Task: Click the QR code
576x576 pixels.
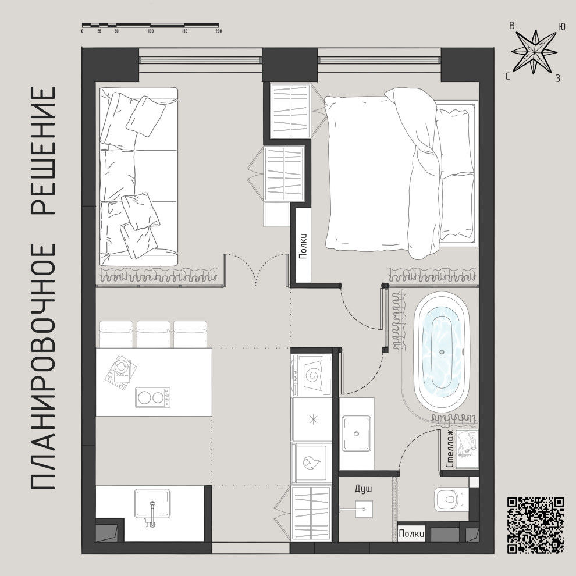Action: [x=536, y=525]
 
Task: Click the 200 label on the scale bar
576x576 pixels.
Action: [x=219, y=31]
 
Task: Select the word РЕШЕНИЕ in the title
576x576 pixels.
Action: [x=44, y=151]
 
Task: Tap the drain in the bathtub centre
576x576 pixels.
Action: [x=442, y=352]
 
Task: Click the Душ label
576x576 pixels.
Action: [x=363, y=489]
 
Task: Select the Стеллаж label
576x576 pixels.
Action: [x=450, y=449]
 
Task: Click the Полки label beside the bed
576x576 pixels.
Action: [x=303, y=247]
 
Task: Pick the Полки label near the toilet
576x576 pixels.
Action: [x=411, y=534]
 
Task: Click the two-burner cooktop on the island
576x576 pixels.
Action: [x=153, y=397]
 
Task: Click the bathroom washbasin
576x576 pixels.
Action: [x=356, y=433]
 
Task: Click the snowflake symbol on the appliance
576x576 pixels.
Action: [x=313, y=419]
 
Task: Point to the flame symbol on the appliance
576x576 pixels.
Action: [x=312, y=462]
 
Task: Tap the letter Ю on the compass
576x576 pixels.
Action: [x=561, y=26]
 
